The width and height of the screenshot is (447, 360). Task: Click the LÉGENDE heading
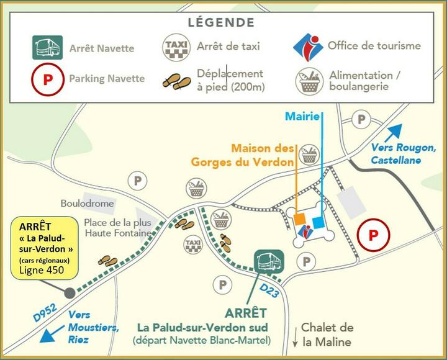point(221,22)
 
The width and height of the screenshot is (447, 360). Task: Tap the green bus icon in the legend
point(47,47)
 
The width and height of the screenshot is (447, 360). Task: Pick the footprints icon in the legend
point(176,81)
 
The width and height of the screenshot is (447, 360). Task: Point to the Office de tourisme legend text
point(374,45)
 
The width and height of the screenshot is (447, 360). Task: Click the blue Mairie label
point(302,116)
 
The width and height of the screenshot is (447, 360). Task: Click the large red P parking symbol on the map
point(373,236)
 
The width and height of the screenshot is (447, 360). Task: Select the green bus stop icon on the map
point(269,262)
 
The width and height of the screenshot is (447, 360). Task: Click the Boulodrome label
point(88,204)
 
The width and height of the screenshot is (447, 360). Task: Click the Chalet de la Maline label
point(327,335)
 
